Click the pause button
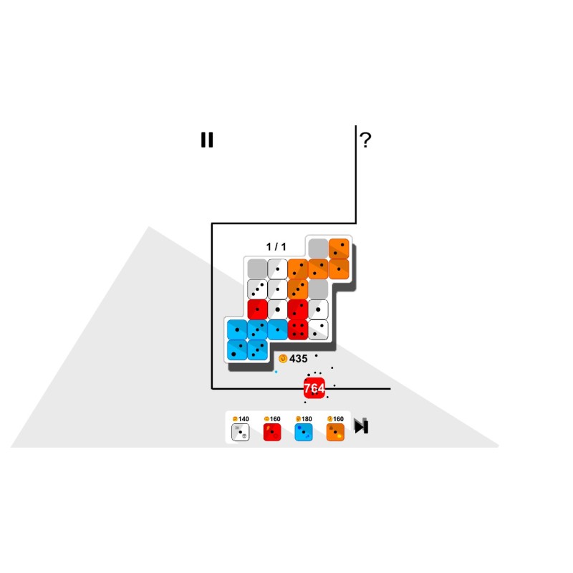click(207, 140)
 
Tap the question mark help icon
click(365, 140)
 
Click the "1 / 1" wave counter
click(276, 246)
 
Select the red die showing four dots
click(298, 330)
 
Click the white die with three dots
click(257, 289)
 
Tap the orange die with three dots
click(298, 289)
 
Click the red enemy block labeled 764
click(314, 388)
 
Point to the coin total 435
click(298, 359)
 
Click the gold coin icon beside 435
click(283, 359)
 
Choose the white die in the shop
click(241, 433)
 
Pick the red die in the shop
click(272, 433)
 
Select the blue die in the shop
click(304, 433)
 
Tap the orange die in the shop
click(335, 433)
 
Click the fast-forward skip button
click(362, 426)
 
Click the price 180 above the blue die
click(304, 419)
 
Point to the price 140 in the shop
click(241, 419)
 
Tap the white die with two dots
click(318, 330)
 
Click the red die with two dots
click(298, 309)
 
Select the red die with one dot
click(257, 309)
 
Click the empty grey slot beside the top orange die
click(318, 249)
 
